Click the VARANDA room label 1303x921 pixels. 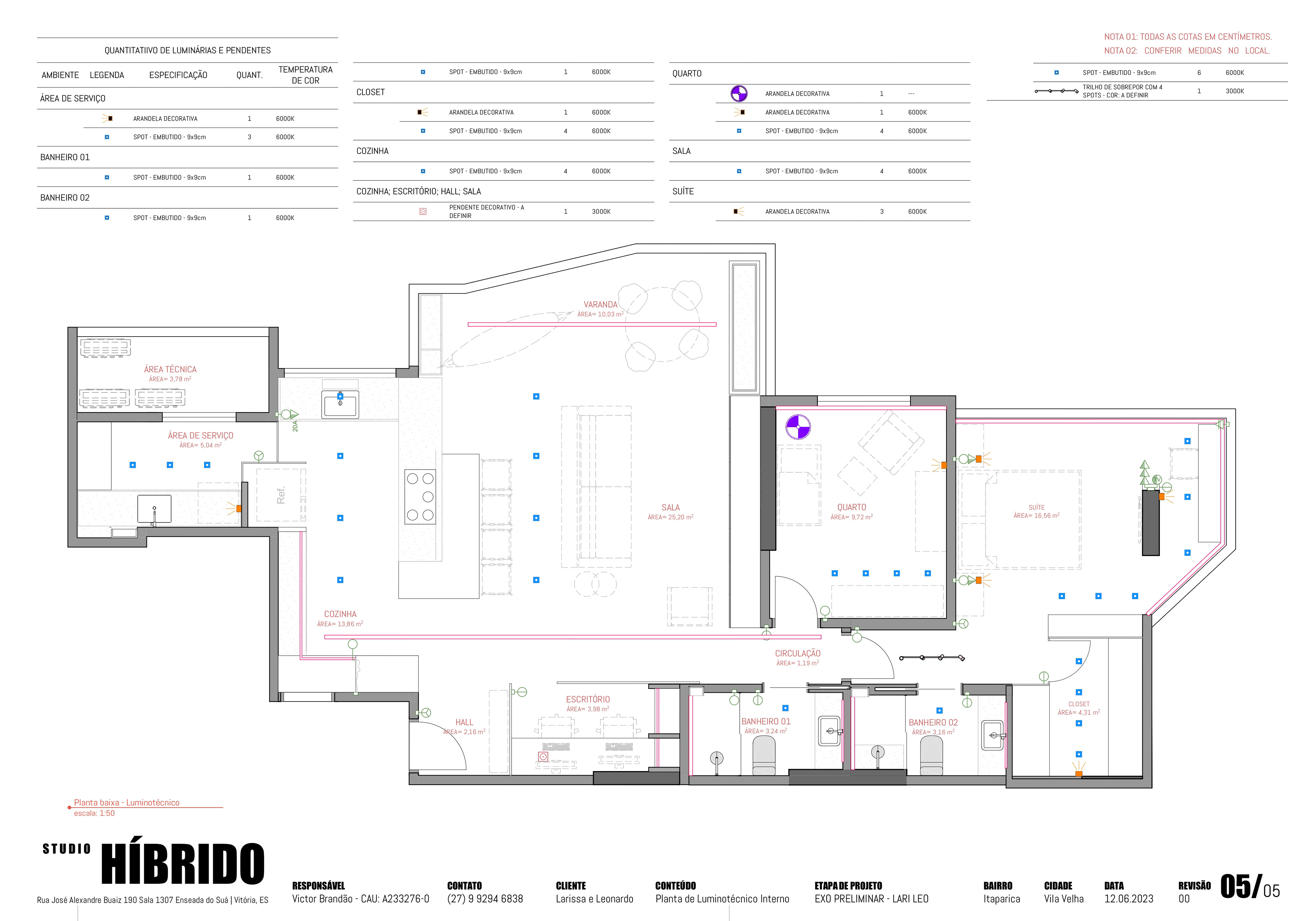pyautogui.click(x=600, y=305)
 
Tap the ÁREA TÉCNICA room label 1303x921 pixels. pyautogui.click(x=170, y=369)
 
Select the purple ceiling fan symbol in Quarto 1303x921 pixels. pyautogui.click(x=798, y=427)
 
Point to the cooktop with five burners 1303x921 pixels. pyautogui.click(x=420, y=497)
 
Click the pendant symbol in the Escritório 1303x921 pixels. pyautogui.click(x=543, y=756)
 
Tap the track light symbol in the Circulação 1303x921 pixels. pyautogui.click(x=932, y=658)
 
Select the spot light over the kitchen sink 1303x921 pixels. pyautogui.click(x=340, y=396)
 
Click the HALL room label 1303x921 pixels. pyautogui.click(x=464, y=723)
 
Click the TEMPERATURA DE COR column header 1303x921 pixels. pyautogui.click(x=305, y=75)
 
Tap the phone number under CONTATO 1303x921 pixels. pyautogui.click(x=485, y=899)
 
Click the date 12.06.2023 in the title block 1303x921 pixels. pyautogui.click(x=1129, y=899)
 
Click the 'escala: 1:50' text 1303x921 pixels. pyautogui.click(x=94, y=813)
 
